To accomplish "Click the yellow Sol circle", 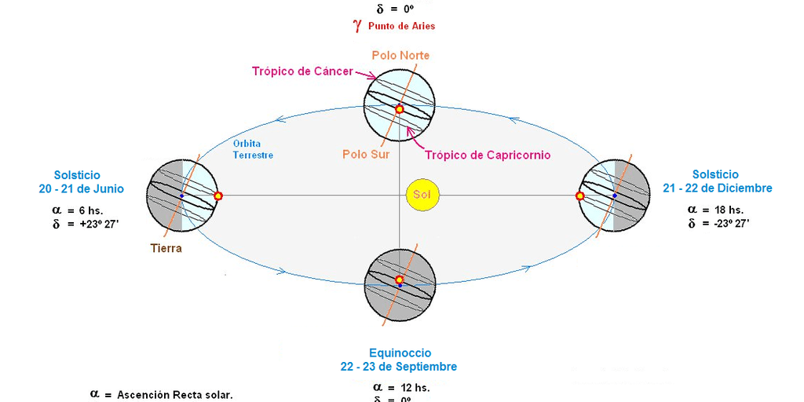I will point(422,194).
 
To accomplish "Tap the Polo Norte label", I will point(400,56).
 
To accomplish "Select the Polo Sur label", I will point(366,155).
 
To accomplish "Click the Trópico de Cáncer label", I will point(302,71).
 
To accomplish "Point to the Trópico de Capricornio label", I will point(488,155).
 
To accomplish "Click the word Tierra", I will point(166,248).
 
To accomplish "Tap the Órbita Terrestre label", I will point(253,149).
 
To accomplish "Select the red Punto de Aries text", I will point(401,26).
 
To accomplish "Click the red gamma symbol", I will point(357,25).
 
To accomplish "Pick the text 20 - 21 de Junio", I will point(82,188).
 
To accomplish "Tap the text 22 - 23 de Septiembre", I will point(399,367).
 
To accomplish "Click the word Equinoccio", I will point(400,353).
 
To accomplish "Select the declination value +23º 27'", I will point(93,224).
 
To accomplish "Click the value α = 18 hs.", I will point(715,210).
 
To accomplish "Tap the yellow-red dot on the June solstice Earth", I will point(218,196).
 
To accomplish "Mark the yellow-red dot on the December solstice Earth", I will point(580,196).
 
